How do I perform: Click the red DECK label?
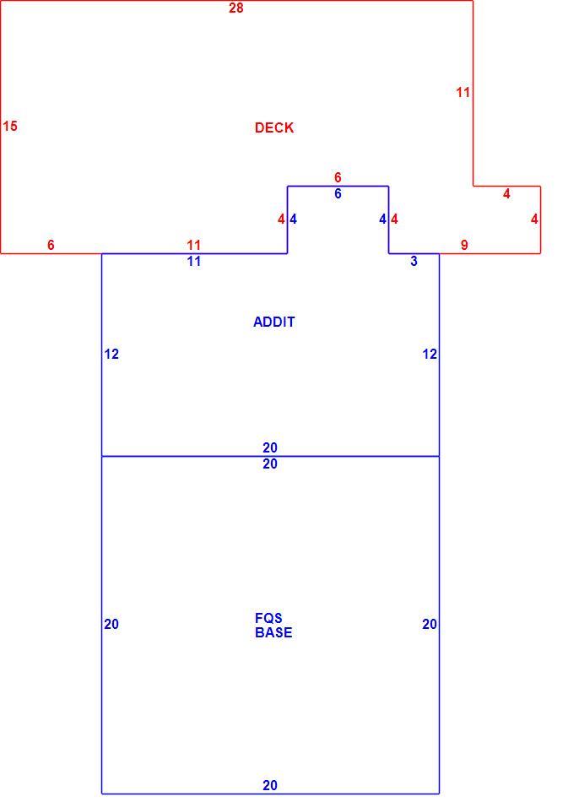point(274,127)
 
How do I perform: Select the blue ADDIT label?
point(274,322)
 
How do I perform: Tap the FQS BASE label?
point(273,625)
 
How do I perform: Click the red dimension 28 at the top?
point(236,8)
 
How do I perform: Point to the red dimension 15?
point(10,126)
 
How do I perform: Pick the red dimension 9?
point(464,245)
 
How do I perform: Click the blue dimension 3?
point(414,262)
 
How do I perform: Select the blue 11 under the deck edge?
point(194,262)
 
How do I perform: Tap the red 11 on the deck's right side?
point(463,93)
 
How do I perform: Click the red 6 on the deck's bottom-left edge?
point(51,245)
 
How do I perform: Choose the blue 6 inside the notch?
point(338,194)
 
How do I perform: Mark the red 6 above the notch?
point(338,177)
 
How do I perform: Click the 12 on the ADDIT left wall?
point(111,354)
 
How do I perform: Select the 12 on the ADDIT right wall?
point(430,354)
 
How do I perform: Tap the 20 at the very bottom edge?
point(270,785)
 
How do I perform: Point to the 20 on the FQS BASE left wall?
point(111,624)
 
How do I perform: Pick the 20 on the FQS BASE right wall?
point(430,624)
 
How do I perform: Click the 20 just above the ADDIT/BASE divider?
point(270,447)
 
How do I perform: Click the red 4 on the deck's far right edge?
point(534,219)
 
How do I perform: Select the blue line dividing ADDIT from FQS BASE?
point(270,456)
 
